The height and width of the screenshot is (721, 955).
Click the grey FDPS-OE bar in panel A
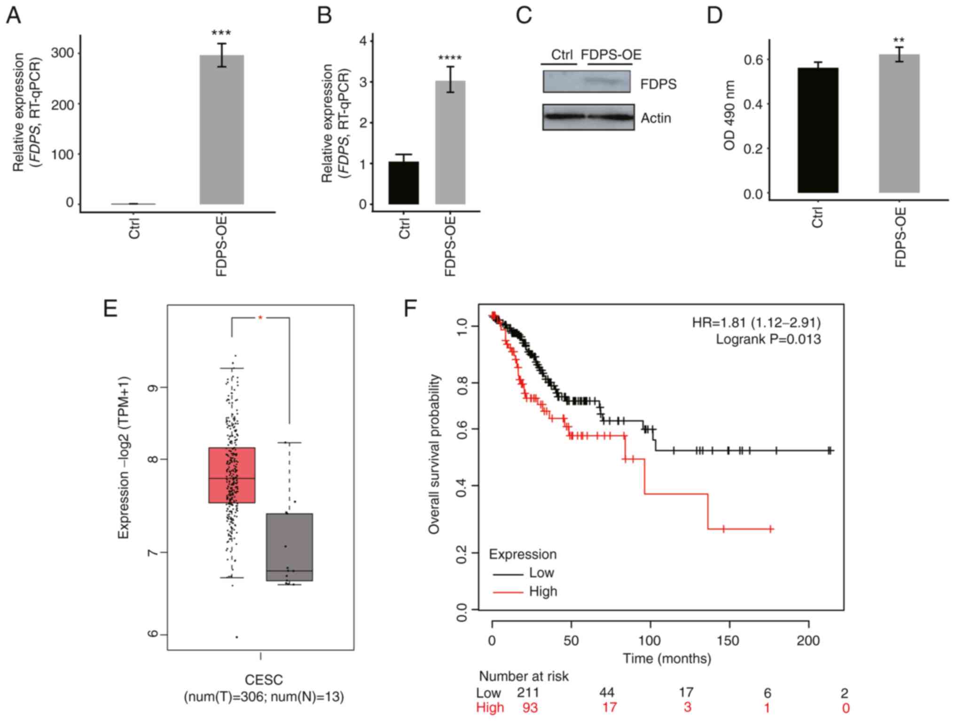click(x=221, y=129)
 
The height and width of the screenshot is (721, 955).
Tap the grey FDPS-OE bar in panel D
click(x=899, y=123)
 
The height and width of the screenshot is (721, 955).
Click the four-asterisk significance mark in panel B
click(x=450, y=59)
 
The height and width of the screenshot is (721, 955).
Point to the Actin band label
click(x=656, y=118)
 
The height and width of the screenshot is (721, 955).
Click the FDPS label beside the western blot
click(x=658, y=84)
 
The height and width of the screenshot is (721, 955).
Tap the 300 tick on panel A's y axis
click(x=63, y=53)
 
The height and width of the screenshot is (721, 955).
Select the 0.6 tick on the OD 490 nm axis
click(x=753, y=60)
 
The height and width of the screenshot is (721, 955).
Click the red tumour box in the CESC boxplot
click(x=232, y=475)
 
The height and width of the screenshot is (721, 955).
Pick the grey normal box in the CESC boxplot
click(x=289, y=547)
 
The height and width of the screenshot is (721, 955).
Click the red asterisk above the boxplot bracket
click(x=260, y=318)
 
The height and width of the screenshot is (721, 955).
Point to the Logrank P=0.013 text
click(x=768, y=339)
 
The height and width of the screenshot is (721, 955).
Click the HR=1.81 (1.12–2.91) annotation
click(x=756, y=322)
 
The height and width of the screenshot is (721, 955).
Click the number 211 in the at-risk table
click(x=528, y=692)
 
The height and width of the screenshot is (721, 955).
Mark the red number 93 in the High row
click(x=530, y=707)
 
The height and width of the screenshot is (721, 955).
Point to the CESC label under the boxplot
click(x=264, y=680)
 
